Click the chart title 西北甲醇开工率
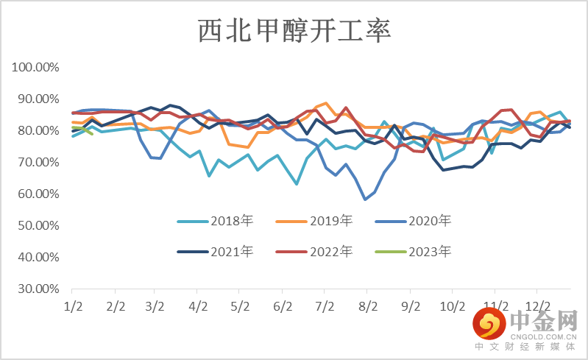[x=294, y=31]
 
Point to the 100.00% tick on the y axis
[x=35, y=68]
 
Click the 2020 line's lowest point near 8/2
[x=365, y=199]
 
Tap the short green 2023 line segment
[x=82, y=130]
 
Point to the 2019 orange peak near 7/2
[x=326, y=103]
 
